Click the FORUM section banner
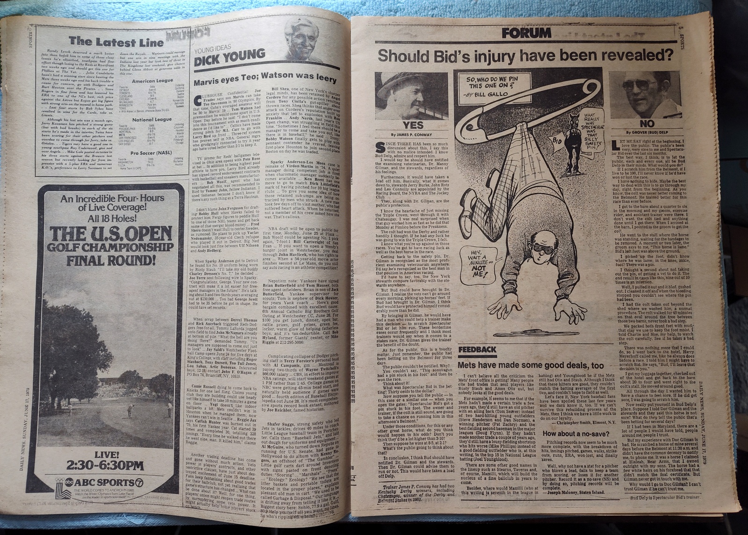point(526,33)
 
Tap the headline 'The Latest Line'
point(116,42)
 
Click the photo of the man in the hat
point(411,96)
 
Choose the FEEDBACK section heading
point(477,349)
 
